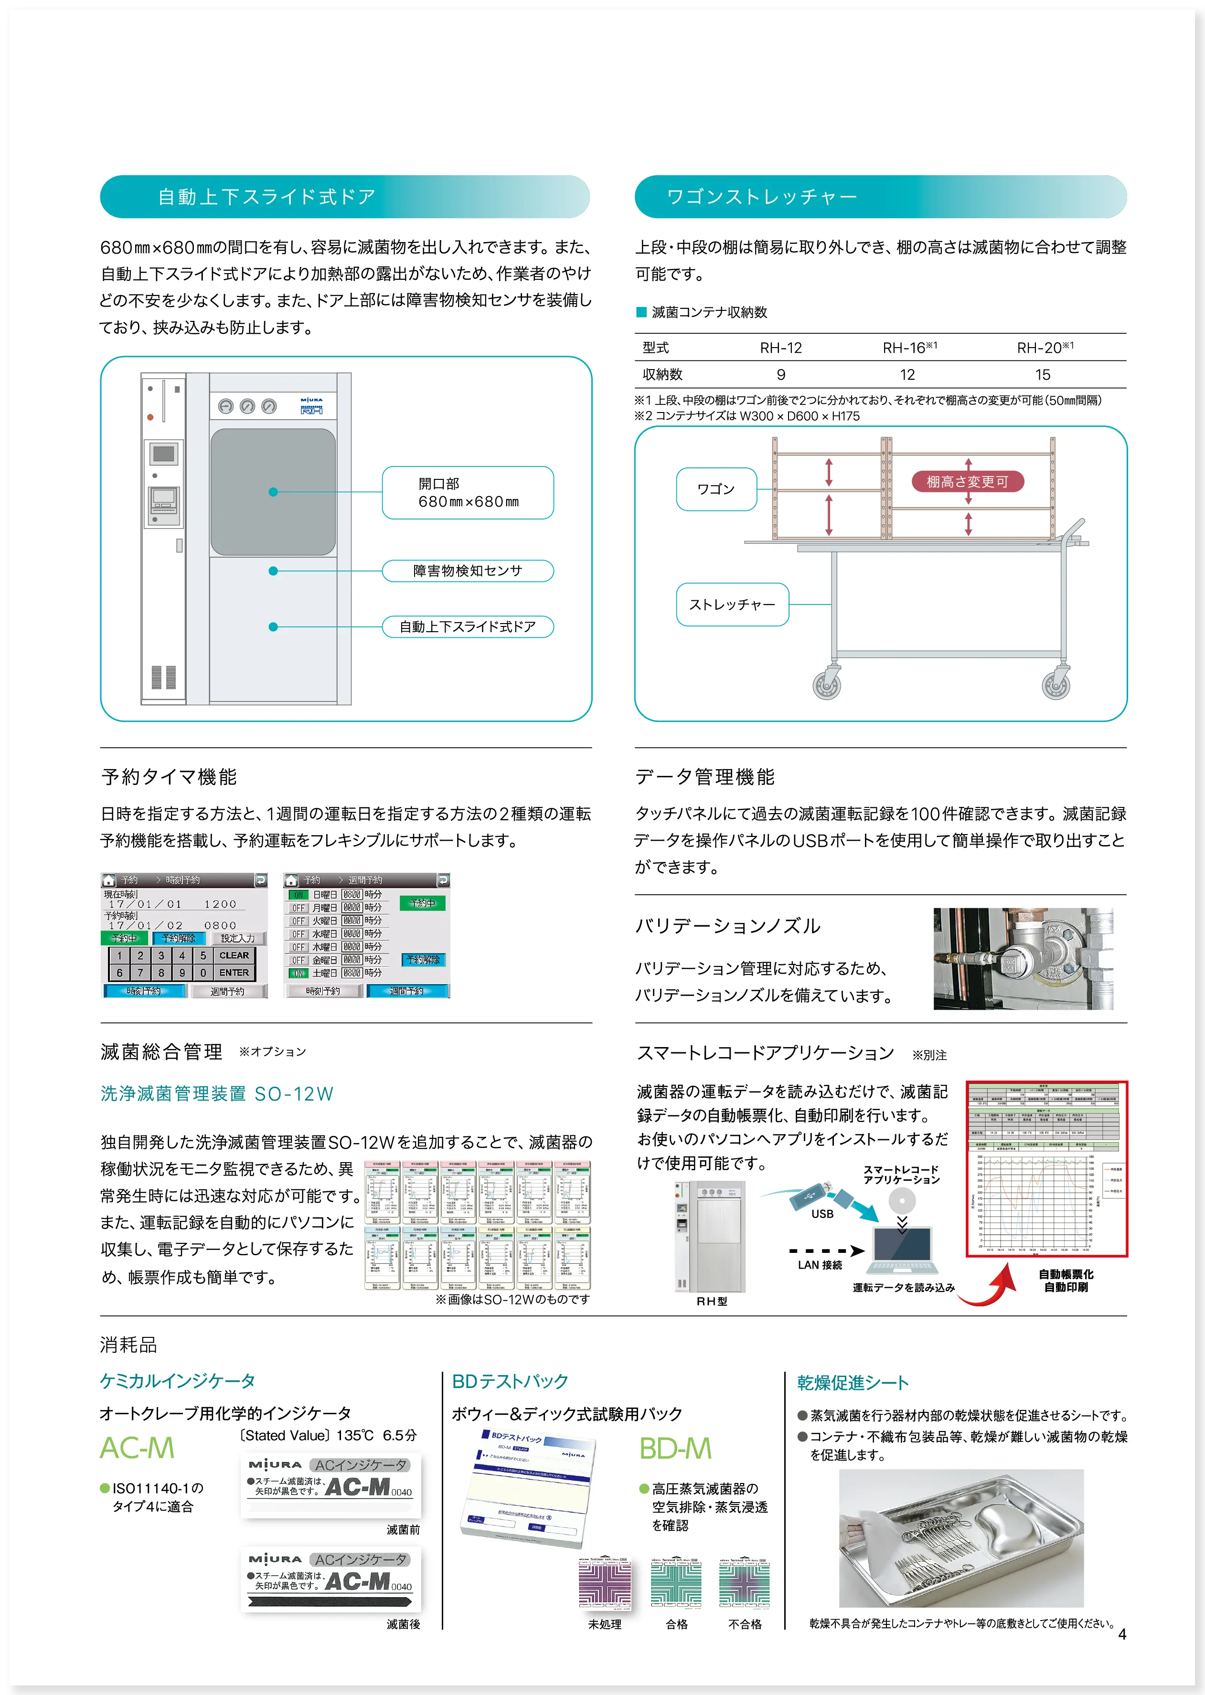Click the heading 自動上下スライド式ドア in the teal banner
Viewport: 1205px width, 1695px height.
click(x=267, y=197)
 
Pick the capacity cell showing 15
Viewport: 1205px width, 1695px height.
click(x=1043, y=375)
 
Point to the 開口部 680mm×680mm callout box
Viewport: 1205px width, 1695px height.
click(x=468, y=493)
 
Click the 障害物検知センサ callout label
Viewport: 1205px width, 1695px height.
click(x=468, y=571)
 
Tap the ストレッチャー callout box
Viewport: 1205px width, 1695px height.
click(x=732, y=604)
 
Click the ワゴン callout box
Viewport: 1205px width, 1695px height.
click(x=716, y=489)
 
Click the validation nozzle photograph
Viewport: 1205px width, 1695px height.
click(x=1023, y=958)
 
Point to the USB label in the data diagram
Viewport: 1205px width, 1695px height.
click(x=822, y=1214)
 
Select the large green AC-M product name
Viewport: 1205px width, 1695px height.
click(x=137, y=1448)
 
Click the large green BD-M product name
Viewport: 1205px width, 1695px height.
click(x=675, y=1448)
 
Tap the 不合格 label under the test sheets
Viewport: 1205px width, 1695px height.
click(x=745, y=1624)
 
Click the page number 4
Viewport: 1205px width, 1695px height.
click(x=1122, y=1634)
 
